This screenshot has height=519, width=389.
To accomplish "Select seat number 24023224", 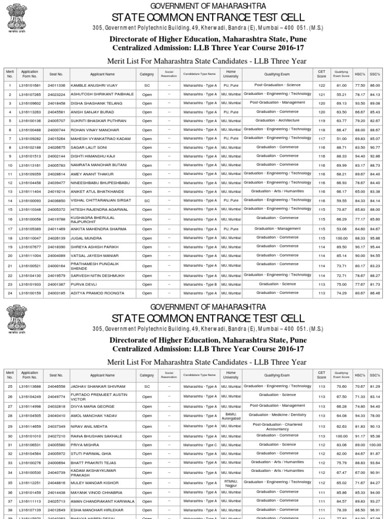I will (56, 94).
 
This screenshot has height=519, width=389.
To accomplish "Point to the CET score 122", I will (322, 86).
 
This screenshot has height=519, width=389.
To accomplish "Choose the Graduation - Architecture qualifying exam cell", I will (278, 121).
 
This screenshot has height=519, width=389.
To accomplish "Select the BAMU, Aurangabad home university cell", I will (231, 416).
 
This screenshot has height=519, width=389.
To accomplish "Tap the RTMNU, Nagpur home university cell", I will (231, 483).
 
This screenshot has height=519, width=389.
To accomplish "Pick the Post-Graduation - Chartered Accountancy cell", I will (278, 427).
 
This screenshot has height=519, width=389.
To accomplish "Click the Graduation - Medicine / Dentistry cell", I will (278, 415).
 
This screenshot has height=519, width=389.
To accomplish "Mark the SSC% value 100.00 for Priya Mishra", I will (375, 444).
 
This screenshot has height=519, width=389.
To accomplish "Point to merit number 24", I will (9, 293).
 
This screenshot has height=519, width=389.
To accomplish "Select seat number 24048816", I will (56, 483).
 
